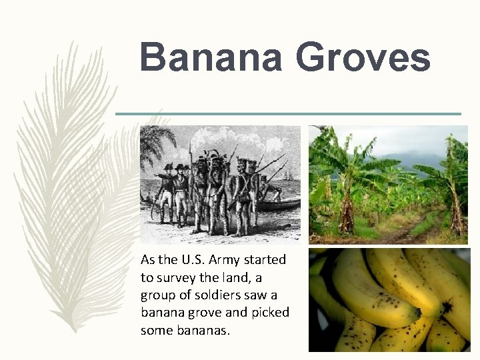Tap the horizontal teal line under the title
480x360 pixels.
[x=288, y=113]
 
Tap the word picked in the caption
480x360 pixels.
[x=270, y=312]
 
